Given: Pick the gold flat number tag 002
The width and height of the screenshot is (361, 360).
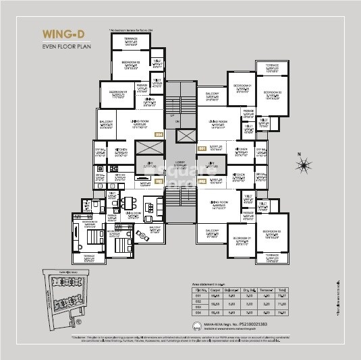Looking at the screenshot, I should [202, 182].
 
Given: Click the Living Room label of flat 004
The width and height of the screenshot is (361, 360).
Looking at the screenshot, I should [139, 123].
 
